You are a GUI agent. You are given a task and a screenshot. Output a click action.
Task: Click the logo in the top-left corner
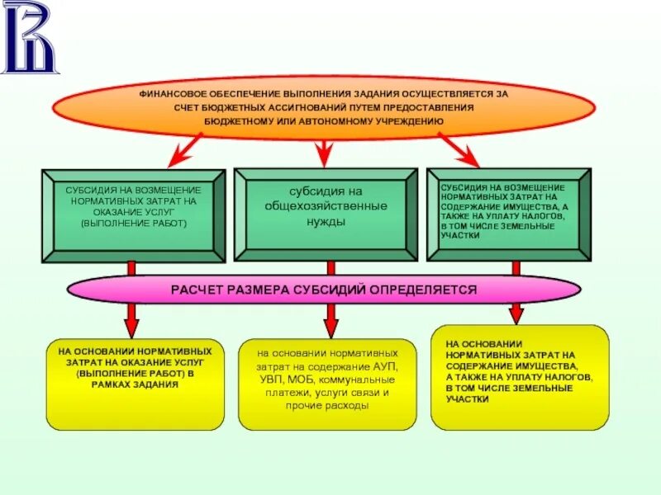(31, 36)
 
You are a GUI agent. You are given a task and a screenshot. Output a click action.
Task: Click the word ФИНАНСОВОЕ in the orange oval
(171, 94)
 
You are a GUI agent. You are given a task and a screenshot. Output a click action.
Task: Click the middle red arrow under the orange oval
(325, 148)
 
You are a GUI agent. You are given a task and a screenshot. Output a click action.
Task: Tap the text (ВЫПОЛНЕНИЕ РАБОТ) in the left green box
(134, 223)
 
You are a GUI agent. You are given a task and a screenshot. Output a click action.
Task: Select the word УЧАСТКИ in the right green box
(460, 235)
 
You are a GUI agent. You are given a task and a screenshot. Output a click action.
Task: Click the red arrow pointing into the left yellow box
(131, 318)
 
